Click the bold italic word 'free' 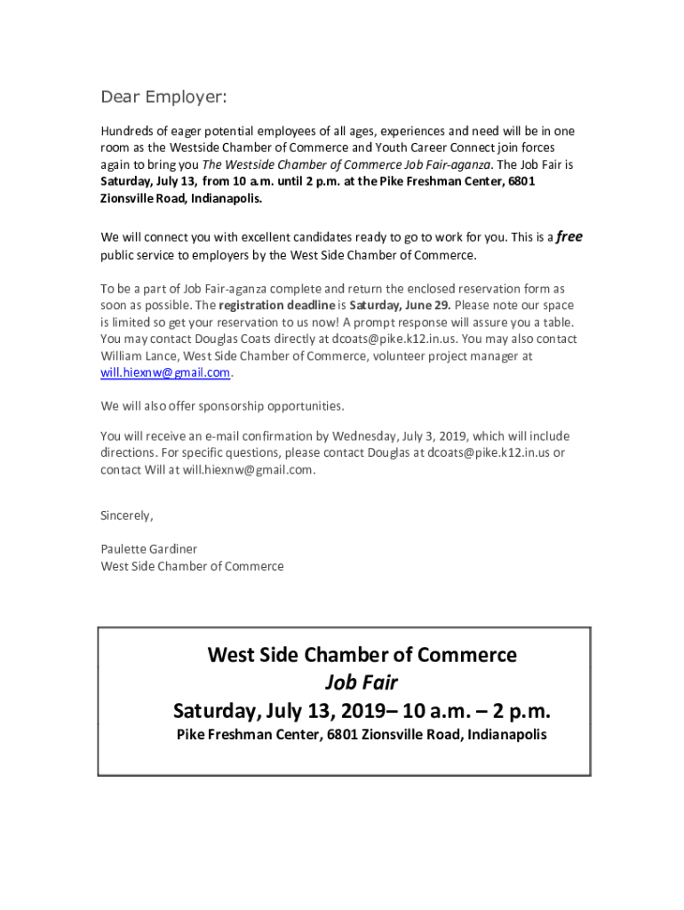click(x=569, y=237)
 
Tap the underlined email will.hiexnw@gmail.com click(x=166, y=373)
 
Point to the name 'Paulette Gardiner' click(x=149, y=549)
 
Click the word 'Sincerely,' click(x=127, y=515)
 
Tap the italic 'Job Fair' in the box click(x=361, y=682)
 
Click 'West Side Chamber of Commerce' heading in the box click(x=362, y=655)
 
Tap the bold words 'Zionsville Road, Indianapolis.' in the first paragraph click(x=182, y=198)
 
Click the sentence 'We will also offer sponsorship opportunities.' click(x=222, y=406)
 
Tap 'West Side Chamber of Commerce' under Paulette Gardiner click(x=193, y=566)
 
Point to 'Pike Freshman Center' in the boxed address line click(x=248, y=735)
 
